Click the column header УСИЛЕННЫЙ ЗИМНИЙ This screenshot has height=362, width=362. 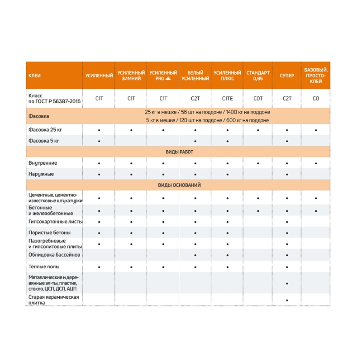pyautogui.click(x=131, y=76)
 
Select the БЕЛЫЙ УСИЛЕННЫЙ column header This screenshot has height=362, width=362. pyautogui.click(x=195, y=76)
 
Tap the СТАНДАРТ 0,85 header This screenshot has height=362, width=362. pyautogui.click(x=258, y=76)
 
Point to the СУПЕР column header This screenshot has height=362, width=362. pyautogui.click(x=287, y=76)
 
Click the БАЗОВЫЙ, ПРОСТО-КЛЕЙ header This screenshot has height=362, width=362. pyautogui.click(x=316, y=76)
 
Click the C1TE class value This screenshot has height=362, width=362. pyautogui.click(x=228, y=98)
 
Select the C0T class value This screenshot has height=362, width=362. pyautogui.click(x=258, y=98)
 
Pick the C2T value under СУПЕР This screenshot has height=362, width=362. pyautogui.click(x=287, y=98)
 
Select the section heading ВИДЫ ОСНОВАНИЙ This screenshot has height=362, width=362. pyautogui.click(x=180, y=185)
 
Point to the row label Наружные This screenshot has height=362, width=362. pyautogui.click(x=41, y=174)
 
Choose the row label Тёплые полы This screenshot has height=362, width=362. pyautogui.click(x=44, y=267)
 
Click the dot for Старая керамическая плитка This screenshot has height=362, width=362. pyautogui.click(x=287, y=300)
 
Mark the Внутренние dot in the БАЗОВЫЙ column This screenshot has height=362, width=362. pyautogui.click(x=316, y=163)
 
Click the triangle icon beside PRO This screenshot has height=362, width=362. pyautogui.click(x=168, y=79)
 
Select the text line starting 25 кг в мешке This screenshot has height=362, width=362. pyautogui.click(x=208, y=112)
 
